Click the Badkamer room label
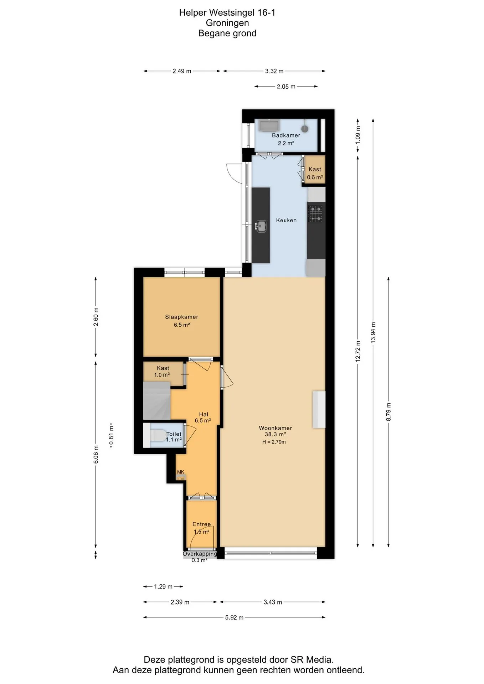pyautogui.click(x=286, y=135)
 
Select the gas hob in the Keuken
pyautogui.click(x=315, y=213)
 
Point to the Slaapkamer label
pyautogui.click(x=181, y=317)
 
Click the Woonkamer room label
pyautogui.click(x=276, y=428)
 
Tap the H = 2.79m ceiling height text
pyautogui.click(x=274, y=442)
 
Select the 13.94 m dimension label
pyautogui.click(x=373, y=332)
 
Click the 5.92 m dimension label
pyautogui.click(x=234, y=617)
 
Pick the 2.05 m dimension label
pyautogui.click(x=286, y=87)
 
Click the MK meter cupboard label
pyautogui.click(x=181, y=472)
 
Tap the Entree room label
pyautogui.click(x=201, y=524)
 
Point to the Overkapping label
pyautogui.click(x=200, y=554)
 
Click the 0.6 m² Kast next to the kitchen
pyautogui.click(x=315, y=169)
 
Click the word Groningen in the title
pyautogui.click(x=227, y=23)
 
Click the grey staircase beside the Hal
pyautogui.click(x=157, y=400)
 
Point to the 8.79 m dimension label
pyautogui.click(x=388, y=412)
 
